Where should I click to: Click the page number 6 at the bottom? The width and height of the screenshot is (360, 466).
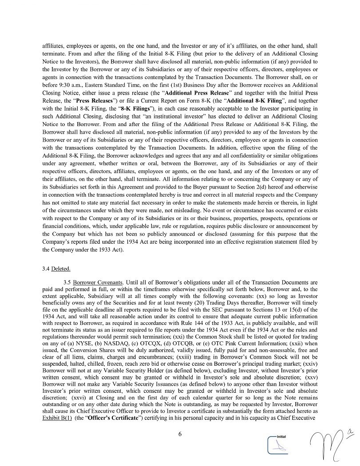(180, 434)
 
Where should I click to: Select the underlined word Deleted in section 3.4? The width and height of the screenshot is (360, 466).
(60, 269)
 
